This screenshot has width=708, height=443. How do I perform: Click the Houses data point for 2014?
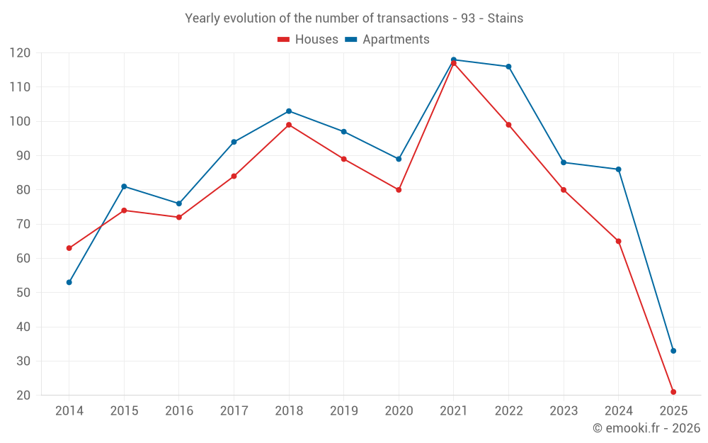tap(69, 248)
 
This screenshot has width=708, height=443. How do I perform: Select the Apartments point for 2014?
tap(69, 282)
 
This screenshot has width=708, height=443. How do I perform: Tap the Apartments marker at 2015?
tap(124, 186)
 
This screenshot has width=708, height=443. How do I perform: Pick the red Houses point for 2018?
tap(289, 125)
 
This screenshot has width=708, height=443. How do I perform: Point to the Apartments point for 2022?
tap(508, 67)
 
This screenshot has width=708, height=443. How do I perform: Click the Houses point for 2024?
tap(618, 241)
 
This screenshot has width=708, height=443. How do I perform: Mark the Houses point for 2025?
tap(673, 392)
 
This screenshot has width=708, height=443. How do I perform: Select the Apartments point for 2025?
tap(673, 351)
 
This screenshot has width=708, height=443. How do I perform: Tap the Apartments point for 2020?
tap(399, 159)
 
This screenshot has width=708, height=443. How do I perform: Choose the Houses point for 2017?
tap(234, 176)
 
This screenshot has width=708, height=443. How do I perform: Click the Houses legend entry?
tap(308, 40)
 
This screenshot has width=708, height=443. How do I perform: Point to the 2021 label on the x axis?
tap(453, 411)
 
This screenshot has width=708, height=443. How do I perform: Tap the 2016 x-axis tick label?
tap(178, 411)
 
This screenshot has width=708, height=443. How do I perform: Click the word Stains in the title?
tap(506, 18)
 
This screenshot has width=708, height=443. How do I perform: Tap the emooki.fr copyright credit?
tap(646, 428)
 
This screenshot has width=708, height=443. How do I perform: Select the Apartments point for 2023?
tap(564, 162)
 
